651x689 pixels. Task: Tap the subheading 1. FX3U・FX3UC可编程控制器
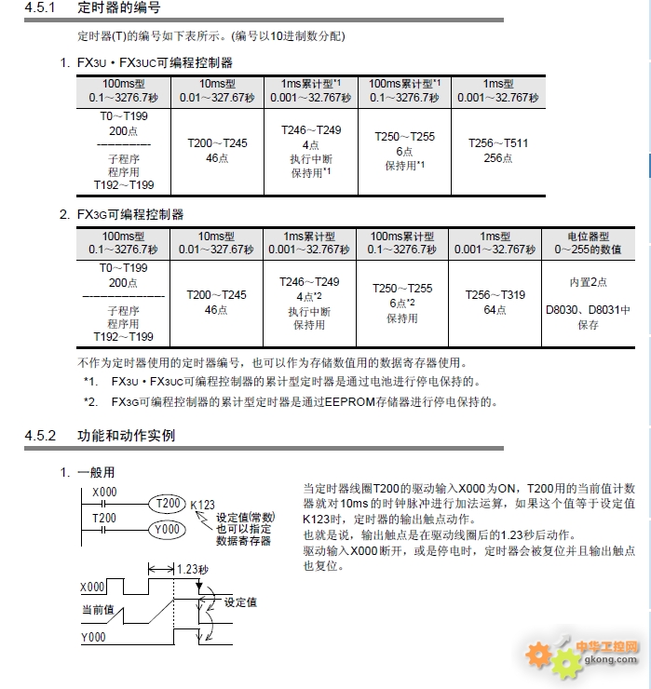pos(146,62)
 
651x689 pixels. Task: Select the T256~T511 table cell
pos(497,150)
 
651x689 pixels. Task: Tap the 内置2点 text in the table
pos(588,281)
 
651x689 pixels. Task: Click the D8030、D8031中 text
pos(588,309)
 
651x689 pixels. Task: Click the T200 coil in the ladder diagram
pos(169,503)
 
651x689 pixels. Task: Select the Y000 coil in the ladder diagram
pos(169,529)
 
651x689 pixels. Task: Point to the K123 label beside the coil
pos(203,506)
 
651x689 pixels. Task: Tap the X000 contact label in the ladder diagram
pos(104,492)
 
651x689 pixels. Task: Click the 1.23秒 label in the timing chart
pos(191,568)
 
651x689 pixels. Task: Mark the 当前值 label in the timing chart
pos(97,609)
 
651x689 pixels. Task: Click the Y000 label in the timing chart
pos(93,638)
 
